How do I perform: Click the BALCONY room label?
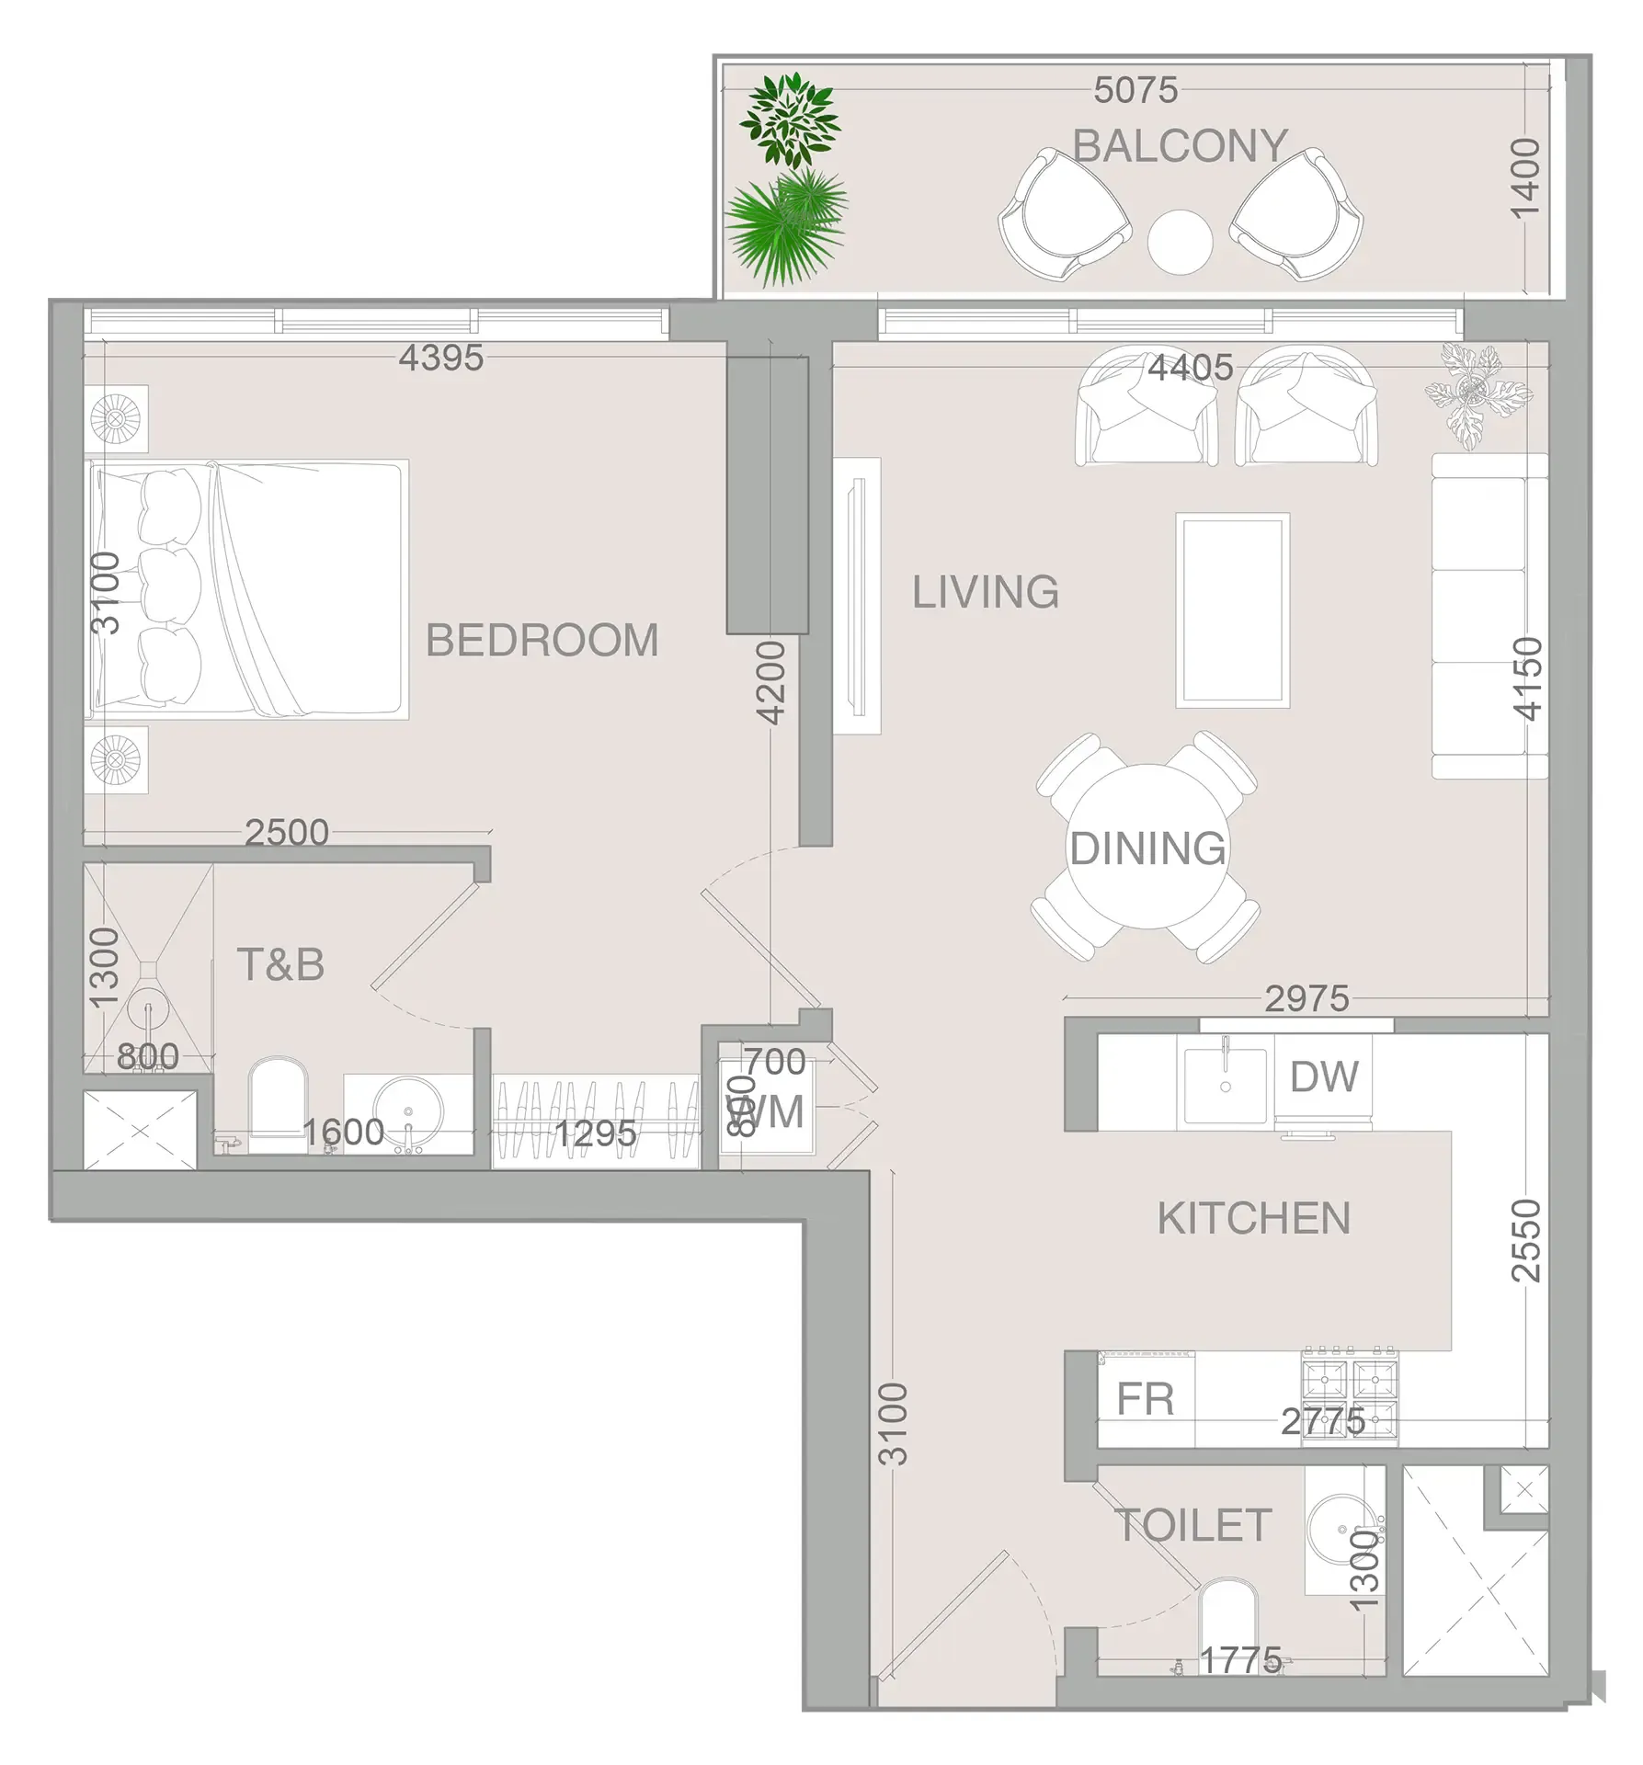[1180, 146]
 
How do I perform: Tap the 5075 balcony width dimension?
[1135, 90]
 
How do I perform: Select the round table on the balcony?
[1180, 242]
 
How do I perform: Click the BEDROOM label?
[542, 641]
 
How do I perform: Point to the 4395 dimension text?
[440, 358]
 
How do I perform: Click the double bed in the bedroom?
[248, 589]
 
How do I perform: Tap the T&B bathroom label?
[280, 965]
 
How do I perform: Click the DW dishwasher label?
[1324, 1077]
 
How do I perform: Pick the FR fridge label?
[1145, 1401]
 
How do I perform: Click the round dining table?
[1147, 848]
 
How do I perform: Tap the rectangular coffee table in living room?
[1232, 610]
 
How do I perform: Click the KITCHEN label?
[1254, 1219]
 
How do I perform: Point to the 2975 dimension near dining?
[1306, 998]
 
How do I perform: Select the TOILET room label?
[1192, 1525]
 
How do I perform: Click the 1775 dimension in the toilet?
[1240, 1660]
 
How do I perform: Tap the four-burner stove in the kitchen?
[1349, 1396]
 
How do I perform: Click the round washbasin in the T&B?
[406, 1111]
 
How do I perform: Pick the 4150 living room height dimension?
[1527, 678]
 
